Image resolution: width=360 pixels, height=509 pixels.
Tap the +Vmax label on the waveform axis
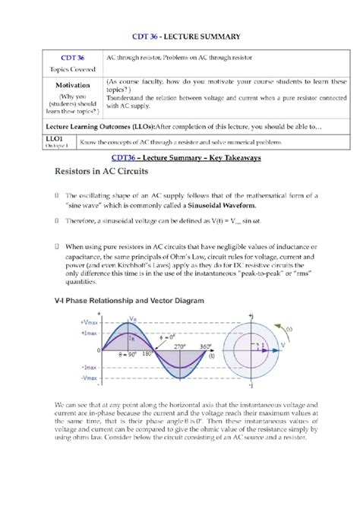pos(89,322)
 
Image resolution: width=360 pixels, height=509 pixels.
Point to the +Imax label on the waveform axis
pos(90,332)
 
